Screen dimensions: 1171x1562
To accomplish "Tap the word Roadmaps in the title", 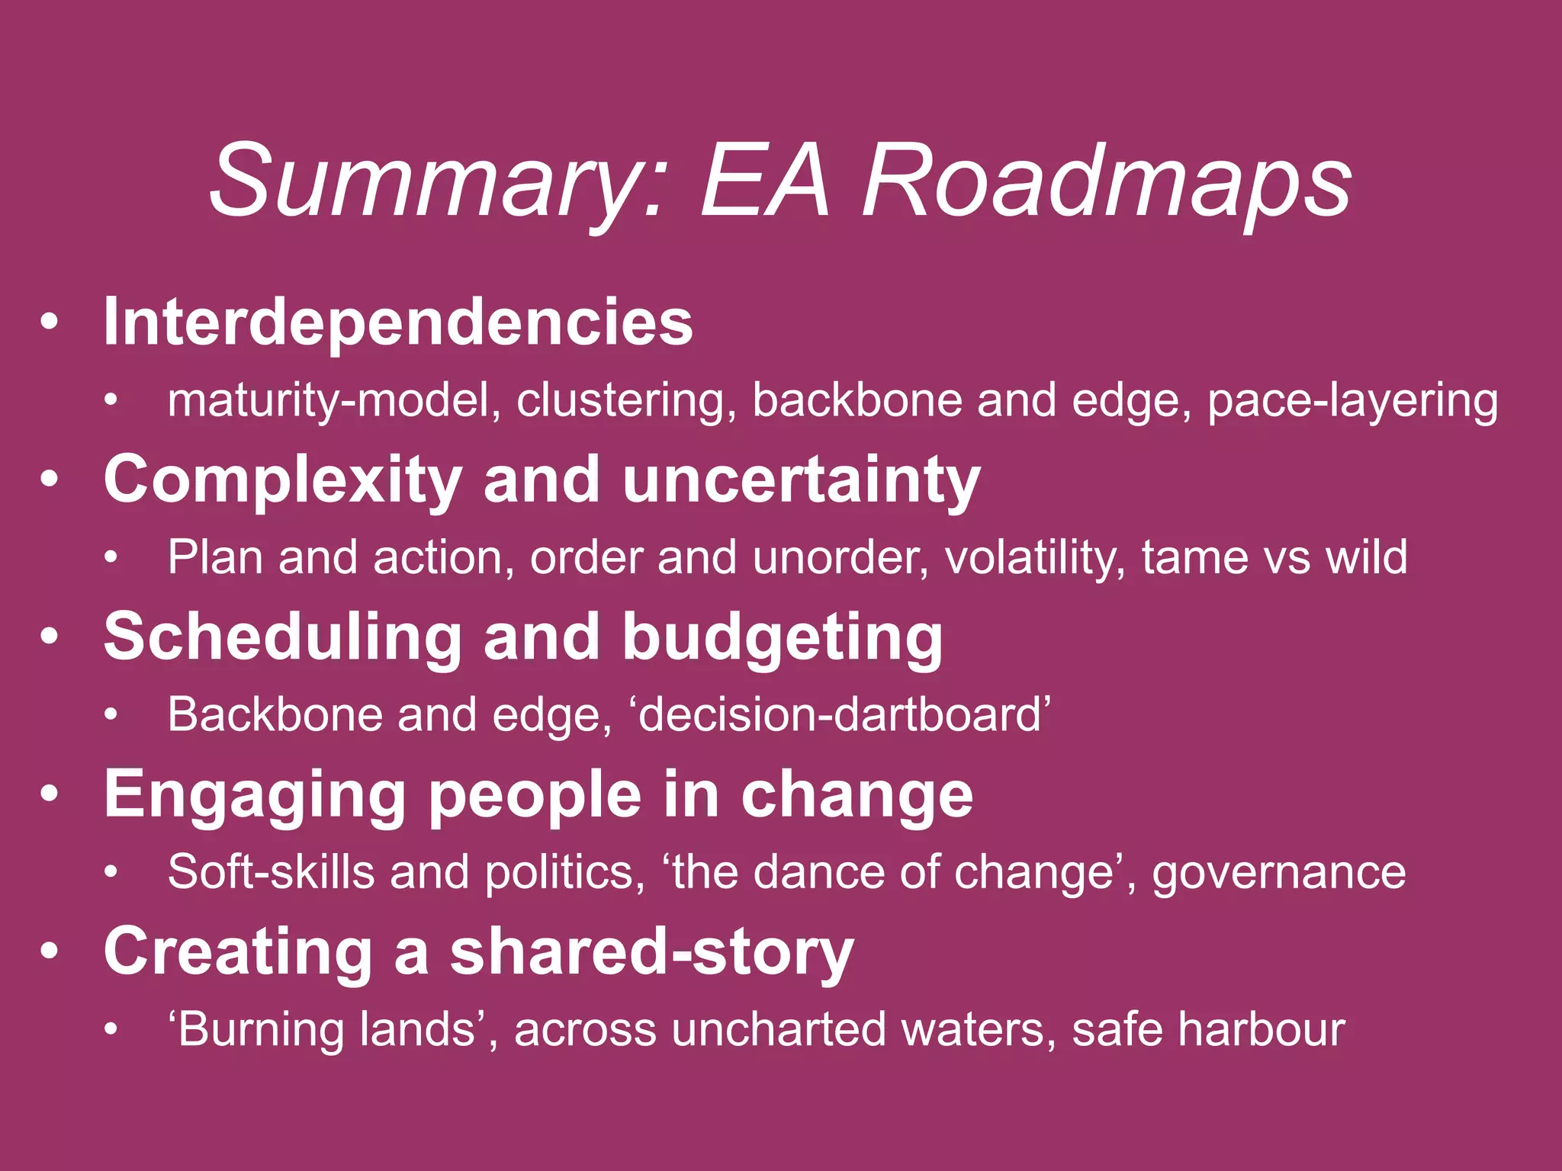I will click(1107, 183).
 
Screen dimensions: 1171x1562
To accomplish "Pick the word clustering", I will click(626, 401).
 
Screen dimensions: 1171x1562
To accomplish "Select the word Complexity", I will click(283, 480).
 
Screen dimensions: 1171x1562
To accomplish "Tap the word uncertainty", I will click(801, 480).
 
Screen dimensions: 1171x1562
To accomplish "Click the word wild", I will click(1366, 558).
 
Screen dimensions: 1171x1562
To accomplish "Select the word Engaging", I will click(255, 795).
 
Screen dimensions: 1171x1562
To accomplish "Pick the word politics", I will click(565, 872).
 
